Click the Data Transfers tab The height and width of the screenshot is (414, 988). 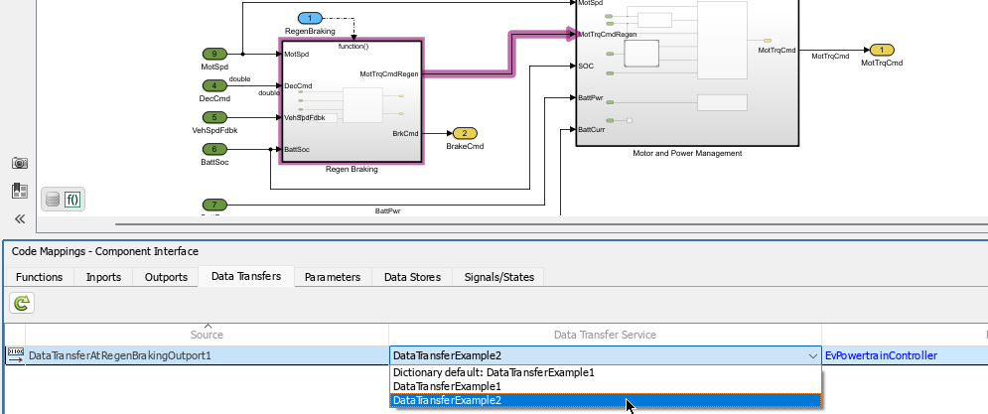tap(246, 277)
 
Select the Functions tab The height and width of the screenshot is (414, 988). tap(40, 277)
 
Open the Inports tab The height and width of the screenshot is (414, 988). tap(104, 277)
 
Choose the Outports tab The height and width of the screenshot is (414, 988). tap(166, 277)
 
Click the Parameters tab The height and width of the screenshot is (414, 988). tap(332, 277)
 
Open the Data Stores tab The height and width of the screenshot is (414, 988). tap(412, 277)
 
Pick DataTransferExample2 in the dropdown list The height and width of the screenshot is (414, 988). tap(447, 400)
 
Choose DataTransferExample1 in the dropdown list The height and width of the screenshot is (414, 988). tap(447, 386)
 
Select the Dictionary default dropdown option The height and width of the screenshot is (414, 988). tap(494, 372)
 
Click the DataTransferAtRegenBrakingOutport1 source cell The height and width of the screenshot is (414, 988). tap(119, 355)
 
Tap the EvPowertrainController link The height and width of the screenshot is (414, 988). tap(881, 355)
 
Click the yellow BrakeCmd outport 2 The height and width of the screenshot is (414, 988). tap(464, 133)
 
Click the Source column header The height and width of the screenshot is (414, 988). tap(207, 335)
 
